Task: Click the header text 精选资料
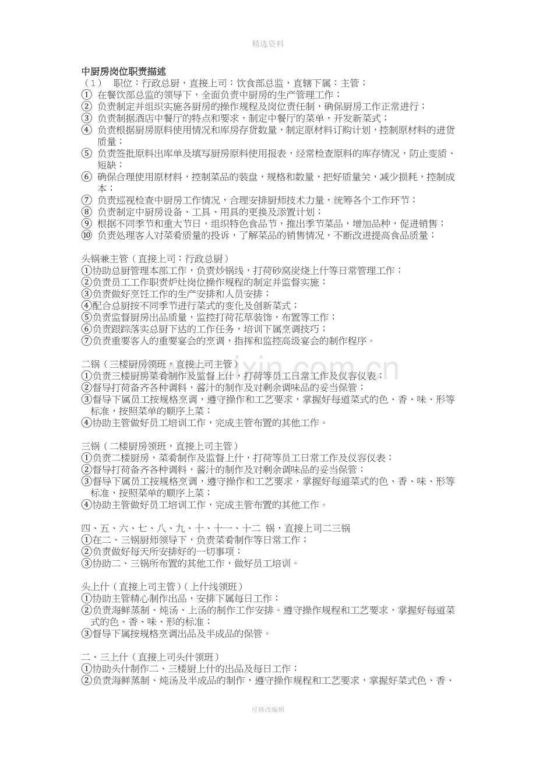(x=268, y=44)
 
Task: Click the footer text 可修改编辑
(x=268, y=709)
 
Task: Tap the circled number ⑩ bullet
(x=86, y=236)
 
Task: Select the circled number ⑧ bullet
(x=86, y=212)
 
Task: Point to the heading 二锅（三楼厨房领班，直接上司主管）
(x=160, y=364)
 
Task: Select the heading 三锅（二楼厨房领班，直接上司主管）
(x=160, y=446)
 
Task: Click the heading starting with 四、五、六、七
(x=216, y=528)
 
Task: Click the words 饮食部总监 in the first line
(x=263, y=83)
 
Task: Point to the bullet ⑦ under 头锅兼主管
(x=86, y=341)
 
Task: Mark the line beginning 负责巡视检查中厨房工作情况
(x=256, y=201)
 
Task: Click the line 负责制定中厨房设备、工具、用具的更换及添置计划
(x=210, y=212)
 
